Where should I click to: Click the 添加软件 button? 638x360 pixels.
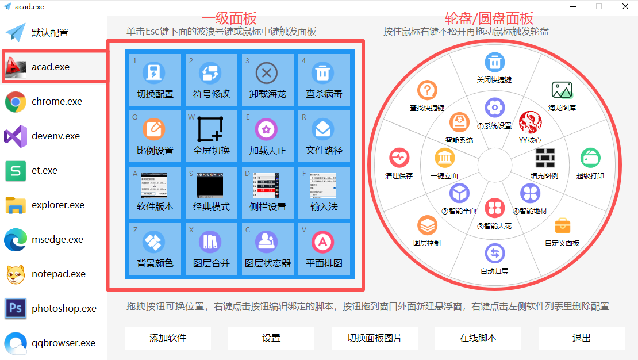point(168,338)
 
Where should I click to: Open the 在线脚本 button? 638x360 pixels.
point(478,338)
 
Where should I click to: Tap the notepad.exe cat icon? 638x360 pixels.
point(16,274)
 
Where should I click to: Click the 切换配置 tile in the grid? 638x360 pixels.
point(155,80)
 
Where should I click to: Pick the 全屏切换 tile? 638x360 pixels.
point(211,136)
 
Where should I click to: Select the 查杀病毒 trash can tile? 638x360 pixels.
point(324,80)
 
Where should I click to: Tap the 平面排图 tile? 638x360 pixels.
point(324,249)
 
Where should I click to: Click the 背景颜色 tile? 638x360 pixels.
point(155,249)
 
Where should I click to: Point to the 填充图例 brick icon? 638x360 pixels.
point(544,157)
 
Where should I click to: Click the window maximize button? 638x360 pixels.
point(599,6)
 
